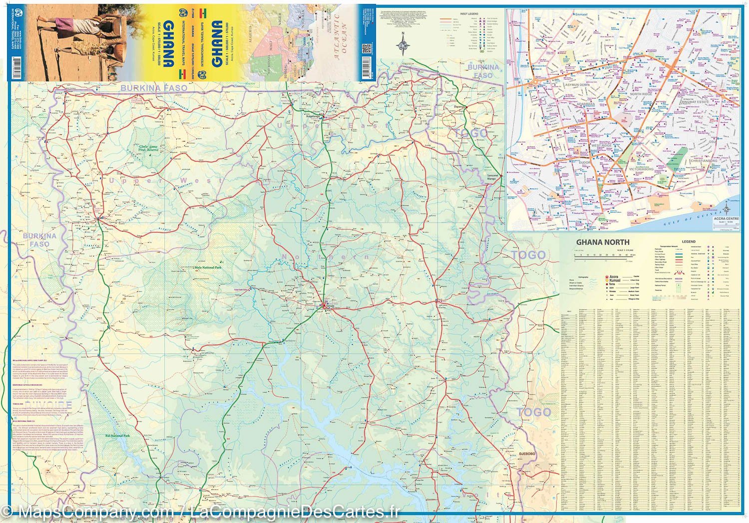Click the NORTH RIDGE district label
641,94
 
